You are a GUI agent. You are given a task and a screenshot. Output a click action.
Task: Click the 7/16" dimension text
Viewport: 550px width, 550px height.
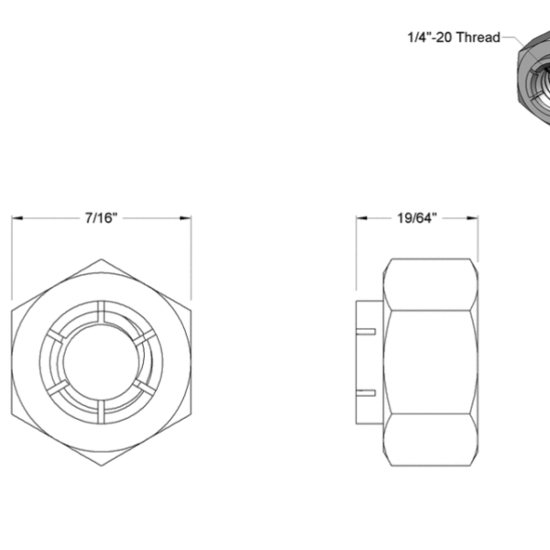(101, 218)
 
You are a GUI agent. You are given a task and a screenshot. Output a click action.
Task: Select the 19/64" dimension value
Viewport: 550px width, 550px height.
(417, 218)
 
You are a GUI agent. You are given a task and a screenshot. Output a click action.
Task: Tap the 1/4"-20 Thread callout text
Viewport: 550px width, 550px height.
(454, 38)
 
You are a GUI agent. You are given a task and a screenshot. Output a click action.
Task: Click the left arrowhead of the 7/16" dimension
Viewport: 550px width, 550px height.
(16, 218)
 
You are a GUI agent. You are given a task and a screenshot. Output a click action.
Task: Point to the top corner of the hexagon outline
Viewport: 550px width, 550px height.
(101, 259)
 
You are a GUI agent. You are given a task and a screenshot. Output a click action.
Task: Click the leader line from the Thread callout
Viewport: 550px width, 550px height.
(512, 42)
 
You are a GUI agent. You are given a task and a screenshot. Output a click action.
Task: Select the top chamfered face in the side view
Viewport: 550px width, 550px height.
(431, 284)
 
